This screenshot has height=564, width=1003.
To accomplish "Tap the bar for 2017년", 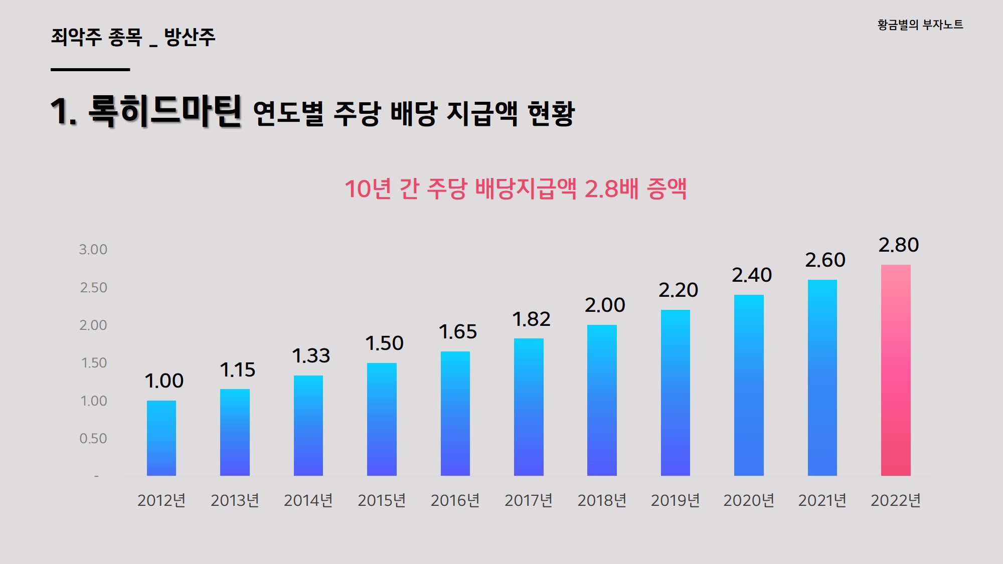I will pyautogui.click(x=529, y=407).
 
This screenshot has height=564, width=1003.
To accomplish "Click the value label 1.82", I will pyautogui.click(x=531, y=319).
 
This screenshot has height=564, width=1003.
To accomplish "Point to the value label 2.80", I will pyautogui.click(x=898, y=245).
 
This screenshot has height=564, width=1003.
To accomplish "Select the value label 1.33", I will pyautogui.click(x=311, y=356).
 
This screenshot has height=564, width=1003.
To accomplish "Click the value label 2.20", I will pyautogui.click(x=678, y=290).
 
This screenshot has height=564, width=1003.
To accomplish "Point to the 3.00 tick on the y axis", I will pyautogui.click(x=93, y=250).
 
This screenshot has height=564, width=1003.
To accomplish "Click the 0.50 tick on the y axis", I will pyautogui.click(x=93, y=439).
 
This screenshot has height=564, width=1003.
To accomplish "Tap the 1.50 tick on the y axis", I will pyautogui.click(x=94, y=363).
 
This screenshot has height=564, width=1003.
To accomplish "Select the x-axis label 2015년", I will pyautogui.click(x=382, y=500).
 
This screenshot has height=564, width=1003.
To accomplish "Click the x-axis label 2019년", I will pyautogui.click(x=675, y=500).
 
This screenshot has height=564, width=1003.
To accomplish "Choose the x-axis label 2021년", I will pyautogui.click(x=822, y=500).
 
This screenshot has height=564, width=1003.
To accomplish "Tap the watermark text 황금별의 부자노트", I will pyautogui.click(x=920, y=25).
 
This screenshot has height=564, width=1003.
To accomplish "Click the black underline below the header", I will pyautogui.click(x=90, y=70).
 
